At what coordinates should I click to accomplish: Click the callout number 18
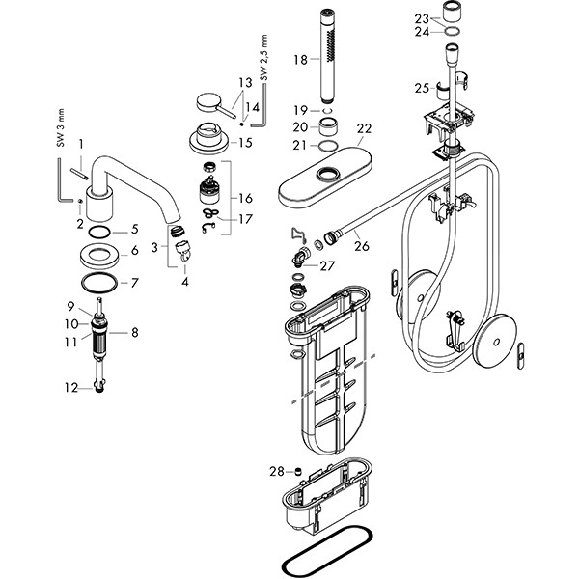(x=300, y=60)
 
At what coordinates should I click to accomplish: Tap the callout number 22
(x=364, y=129)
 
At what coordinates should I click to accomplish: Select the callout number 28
(x=277, y=471)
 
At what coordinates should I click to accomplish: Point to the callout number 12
(x=69, y=388)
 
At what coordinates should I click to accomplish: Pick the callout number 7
(x=134, y=283)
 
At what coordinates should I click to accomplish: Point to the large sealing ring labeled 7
(x=100, y=283)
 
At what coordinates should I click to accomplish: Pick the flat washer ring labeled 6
(x=101, y=254)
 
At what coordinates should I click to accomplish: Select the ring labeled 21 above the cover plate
(x=328, y=147)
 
